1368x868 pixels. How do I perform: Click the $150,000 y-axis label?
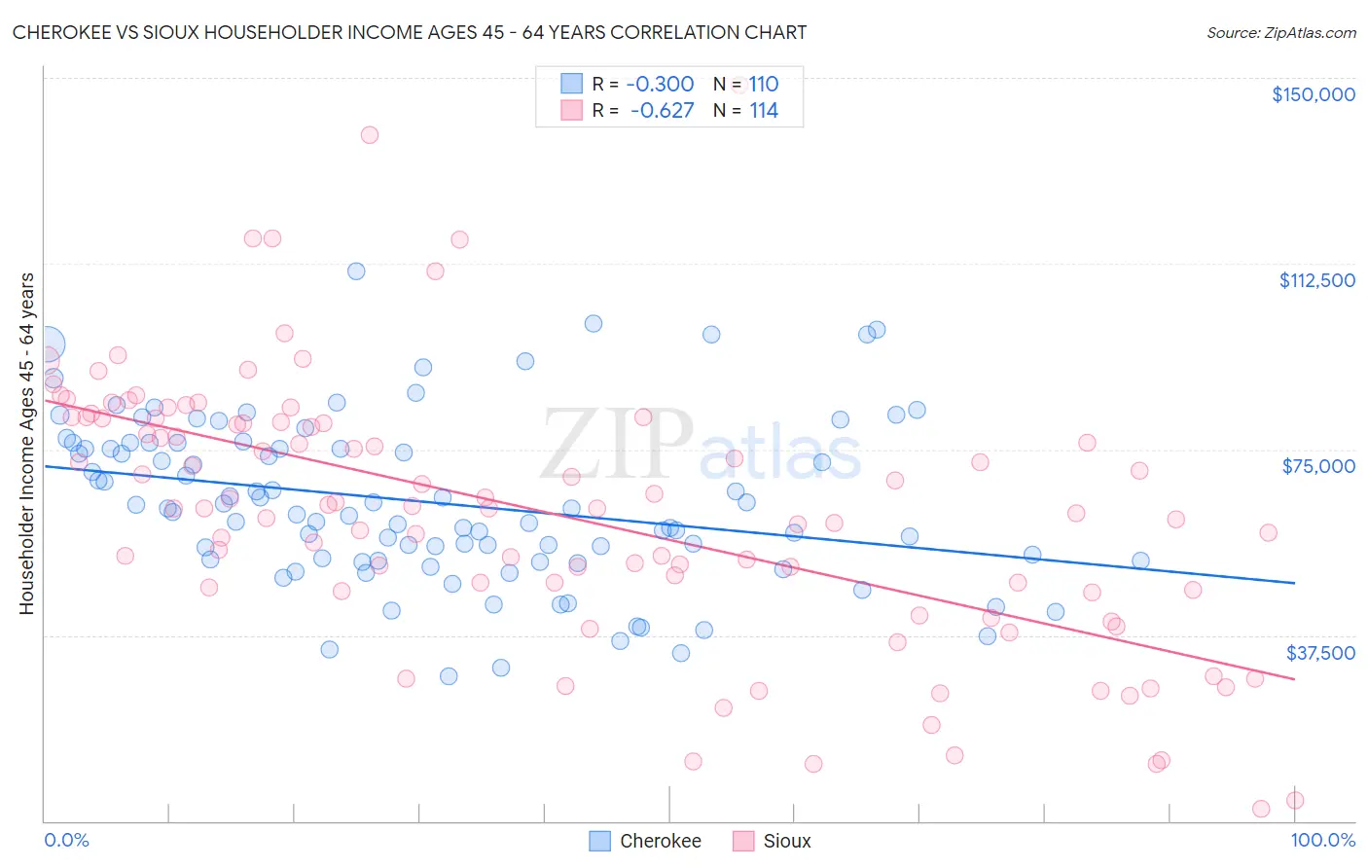point(1313,94)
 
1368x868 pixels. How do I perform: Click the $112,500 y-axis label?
point(1316,280)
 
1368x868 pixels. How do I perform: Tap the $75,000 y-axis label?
point(1318,466)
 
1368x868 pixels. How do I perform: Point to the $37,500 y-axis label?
point(1320,653)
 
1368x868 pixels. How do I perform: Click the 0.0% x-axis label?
point(66,840)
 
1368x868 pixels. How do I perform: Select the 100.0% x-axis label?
point(1322,840)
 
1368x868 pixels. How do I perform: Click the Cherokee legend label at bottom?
point(660,842)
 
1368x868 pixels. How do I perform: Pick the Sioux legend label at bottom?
point(786,842)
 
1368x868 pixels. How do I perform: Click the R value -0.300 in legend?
point(660,84)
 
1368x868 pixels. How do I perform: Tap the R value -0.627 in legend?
point(662,111)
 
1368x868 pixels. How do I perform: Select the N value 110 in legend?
point(763,84)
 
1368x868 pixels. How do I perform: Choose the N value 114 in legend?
point(763,111)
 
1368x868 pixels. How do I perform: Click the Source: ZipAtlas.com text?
point(1280,32)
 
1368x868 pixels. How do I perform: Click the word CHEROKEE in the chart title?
point(57,32)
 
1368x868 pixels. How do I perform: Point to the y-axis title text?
point(26,444)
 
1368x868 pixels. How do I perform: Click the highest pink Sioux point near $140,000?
point(369,135)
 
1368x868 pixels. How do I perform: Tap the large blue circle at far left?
point(46,344)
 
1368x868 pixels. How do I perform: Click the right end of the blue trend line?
point(1294,582)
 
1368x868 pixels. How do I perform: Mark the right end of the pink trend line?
point(1294,678)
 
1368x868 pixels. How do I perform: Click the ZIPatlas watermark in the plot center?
point(701,446)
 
